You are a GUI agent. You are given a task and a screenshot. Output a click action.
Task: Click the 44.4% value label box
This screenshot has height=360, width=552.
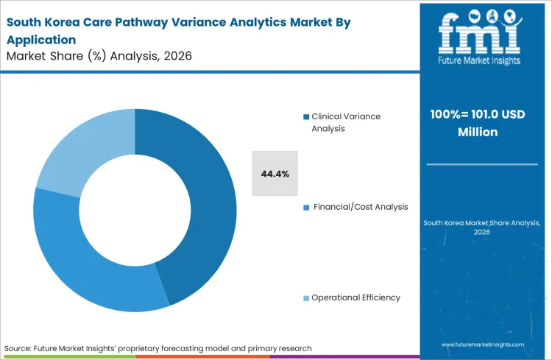[x=275, y=174]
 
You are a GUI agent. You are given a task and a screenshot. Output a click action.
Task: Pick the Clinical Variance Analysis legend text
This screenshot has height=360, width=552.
[x=345, y=122]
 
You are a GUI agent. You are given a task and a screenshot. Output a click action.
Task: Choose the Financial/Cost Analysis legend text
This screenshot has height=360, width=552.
[x=360, y=207]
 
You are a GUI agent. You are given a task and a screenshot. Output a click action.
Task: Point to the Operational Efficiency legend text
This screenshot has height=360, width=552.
[x=355, y=297]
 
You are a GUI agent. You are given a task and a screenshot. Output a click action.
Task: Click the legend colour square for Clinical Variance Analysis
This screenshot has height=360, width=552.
[x=306, y=117]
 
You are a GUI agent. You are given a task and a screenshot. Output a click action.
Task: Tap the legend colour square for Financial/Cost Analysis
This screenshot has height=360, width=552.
[x=306, y=208]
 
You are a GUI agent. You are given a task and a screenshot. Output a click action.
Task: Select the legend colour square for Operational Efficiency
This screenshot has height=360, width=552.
[x=306, y=298]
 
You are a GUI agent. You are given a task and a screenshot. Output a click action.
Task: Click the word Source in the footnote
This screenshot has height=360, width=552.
[x=17, y=347]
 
